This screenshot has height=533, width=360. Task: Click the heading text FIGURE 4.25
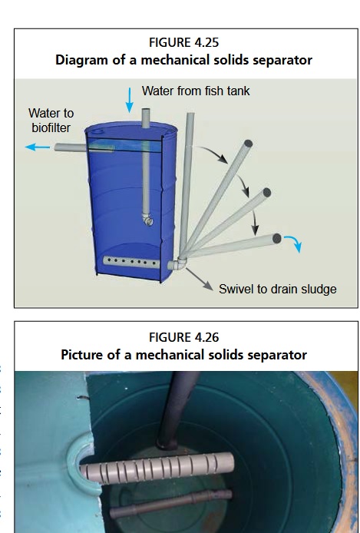(x=183, y=42)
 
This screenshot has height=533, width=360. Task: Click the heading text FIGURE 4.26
(x=183, y=338)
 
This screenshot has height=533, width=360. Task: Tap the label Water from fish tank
(x=196, y=91)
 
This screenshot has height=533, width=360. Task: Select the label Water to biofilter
(x=51, y=121)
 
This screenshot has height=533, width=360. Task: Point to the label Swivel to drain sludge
(x=277, y=290)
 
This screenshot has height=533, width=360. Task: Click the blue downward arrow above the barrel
(x=130, y=100)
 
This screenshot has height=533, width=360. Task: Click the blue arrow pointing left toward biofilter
(x=38, y=147)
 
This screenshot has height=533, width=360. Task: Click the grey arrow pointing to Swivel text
(x=200, y=280)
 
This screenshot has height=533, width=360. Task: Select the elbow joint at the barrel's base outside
(x=177, y=263)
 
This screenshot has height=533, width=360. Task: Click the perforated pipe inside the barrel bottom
(x=131, y=262)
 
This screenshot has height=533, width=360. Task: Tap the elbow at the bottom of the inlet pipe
(x=147, y=220)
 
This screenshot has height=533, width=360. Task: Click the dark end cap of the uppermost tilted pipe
(x=248, y=144)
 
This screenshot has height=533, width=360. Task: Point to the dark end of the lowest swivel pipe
(x=277, y=238)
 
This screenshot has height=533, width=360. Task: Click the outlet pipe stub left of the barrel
(x=71, y=147)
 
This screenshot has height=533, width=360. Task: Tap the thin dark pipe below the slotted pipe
(x=171, y=503)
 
